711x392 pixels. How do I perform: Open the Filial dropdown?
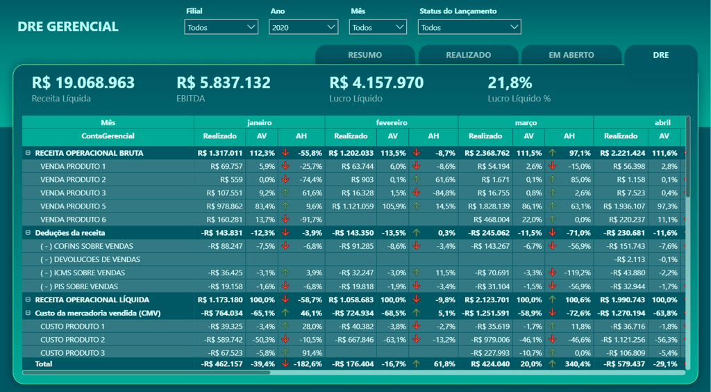point(221,28)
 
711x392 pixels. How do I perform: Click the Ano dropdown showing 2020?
point(303,28)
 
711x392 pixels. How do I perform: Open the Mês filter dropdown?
point(378,28)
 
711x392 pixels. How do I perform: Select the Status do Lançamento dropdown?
point(469,28)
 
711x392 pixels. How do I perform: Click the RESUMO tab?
point(365,55)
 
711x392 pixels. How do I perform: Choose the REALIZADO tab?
point(468,55)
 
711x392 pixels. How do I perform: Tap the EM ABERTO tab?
point(571,55)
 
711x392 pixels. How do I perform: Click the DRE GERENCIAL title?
point(68,27)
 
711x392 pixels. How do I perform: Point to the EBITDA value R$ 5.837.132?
point(224,83)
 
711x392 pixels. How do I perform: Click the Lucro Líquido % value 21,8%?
point(510,83)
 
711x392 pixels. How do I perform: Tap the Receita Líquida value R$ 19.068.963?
point(83,83)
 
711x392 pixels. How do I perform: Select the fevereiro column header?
point(391,122)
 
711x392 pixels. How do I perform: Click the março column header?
point(526,122)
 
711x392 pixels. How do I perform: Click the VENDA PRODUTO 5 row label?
point(73,206)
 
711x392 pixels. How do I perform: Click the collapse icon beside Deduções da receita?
point(28,233)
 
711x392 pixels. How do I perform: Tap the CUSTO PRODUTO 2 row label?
point(72,339)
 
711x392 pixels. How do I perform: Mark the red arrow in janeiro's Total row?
point(285,364)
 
